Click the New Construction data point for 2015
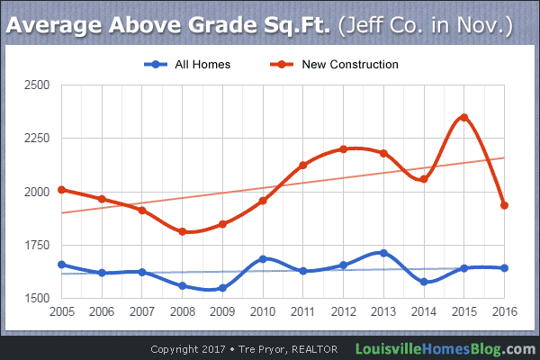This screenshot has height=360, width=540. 463,117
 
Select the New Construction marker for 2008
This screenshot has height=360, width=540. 182,231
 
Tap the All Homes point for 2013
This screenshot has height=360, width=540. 383,253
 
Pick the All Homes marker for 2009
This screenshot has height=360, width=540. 222,288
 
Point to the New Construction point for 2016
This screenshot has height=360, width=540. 504,205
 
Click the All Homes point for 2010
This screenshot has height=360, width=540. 262,259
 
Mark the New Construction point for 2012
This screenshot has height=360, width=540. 343,149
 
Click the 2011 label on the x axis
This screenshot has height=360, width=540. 302,311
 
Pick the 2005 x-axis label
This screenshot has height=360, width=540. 61,311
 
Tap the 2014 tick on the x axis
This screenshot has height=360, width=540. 423,311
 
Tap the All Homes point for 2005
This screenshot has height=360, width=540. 61,265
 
